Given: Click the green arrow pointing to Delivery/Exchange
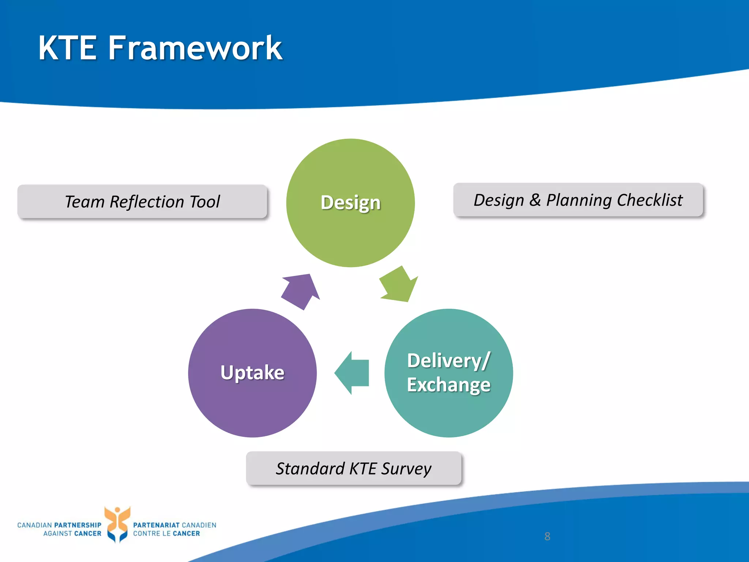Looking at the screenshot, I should click(x=399, y=286).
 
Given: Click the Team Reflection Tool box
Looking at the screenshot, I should click(x=142, y=202).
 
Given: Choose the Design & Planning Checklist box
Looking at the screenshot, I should click(x=578, y=200).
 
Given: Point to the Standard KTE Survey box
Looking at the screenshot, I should click(x=354, y=468).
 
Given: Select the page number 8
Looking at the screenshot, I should click(x=547, y=536).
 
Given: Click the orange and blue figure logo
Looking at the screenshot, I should click(x=117, y=524).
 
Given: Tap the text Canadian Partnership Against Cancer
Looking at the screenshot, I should click(x=59, y=529).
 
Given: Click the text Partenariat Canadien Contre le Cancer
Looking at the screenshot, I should click(x=174, y=529).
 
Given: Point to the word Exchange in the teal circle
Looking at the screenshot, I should click(x=448, y=385).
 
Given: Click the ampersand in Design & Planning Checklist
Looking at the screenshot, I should click(x=535, y=200).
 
